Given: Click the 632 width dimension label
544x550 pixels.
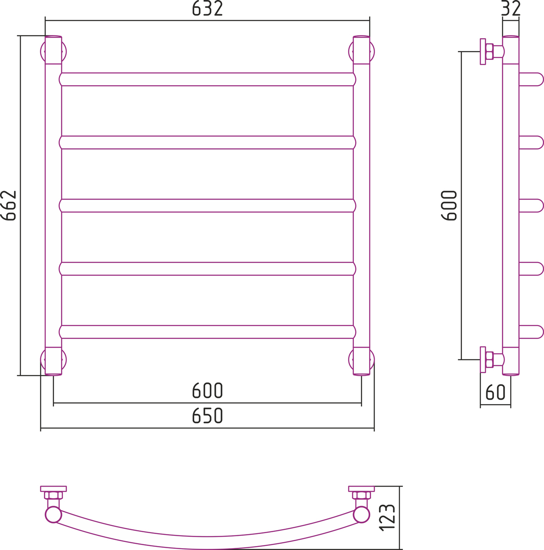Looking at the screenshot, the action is pyautogui.click(x=207, y=8).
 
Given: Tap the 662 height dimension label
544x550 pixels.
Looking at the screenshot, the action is pyautogui.click(x=8, y=205).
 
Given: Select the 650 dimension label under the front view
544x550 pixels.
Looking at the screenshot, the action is pyautogui.click(x=207, y=416).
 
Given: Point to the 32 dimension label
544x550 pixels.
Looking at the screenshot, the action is pyautogui.click(x=511, y=8).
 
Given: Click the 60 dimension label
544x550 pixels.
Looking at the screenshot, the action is pyautogui.click(x=496, y=392).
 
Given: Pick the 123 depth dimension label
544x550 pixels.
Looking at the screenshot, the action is pyautogui.click(x=387, y=518).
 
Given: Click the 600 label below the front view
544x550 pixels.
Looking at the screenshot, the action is pyautogui.click(x=207, y=390).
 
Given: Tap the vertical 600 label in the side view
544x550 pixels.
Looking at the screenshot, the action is pyautogui.click(x=449, y=205).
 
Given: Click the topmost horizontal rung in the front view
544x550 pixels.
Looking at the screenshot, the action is pyautogui.click(x=207, y=79).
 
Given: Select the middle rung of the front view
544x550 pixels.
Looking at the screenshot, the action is pyautogui.click(x=207, y=205).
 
